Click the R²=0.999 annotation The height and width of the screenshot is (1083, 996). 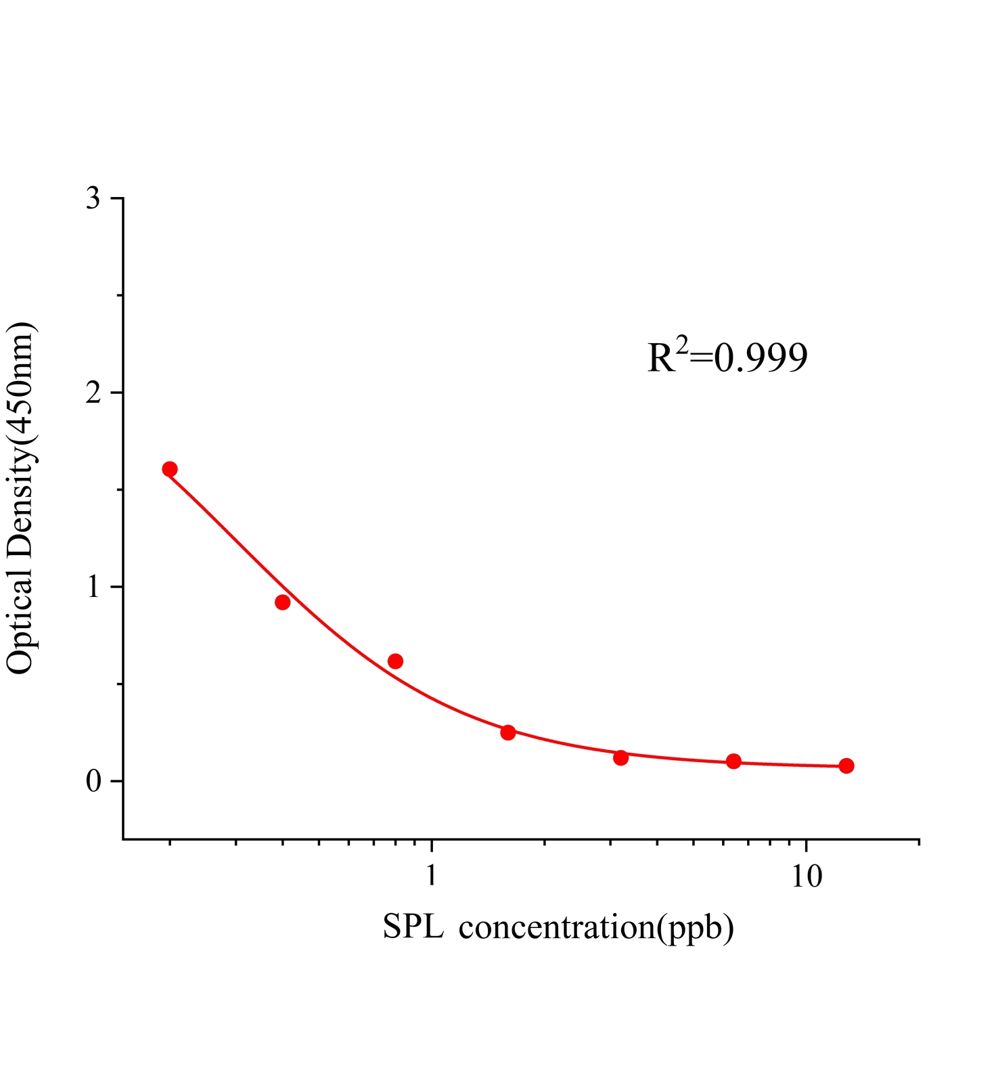click(x=727, y=357)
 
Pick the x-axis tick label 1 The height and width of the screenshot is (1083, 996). click(x=431, y=876)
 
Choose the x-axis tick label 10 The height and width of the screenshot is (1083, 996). click(x=806, y=876)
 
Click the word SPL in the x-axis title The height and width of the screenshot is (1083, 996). click(x=413, y=927)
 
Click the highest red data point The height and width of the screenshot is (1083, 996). click(x=170, y=469)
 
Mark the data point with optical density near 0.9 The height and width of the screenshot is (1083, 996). click(x=283, y=602)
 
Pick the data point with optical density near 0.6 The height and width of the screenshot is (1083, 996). click(x=396, y=661)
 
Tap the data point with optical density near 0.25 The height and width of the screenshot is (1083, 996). click(x=508, y=732)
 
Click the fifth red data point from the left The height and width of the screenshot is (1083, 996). click(x=621, y=757)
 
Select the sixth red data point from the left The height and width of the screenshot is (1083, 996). click(x=733, y=761)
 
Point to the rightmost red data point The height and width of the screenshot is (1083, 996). click(x=846, y=766)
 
